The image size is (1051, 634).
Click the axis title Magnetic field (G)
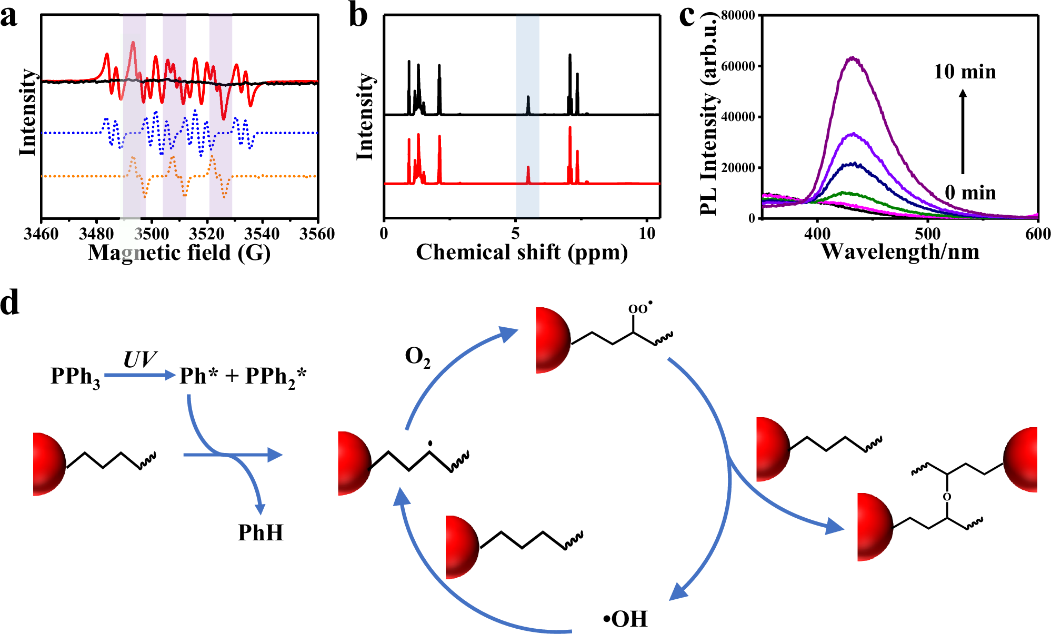(179, 253)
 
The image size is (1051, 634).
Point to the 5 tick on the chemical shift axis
(515, 234)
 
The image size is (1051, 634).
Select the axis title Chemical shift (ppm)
(522, 253)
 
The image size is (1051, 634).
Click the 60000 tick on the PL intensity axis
(738, 66)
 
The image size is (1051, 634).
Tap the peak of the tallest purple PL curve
(852, 57)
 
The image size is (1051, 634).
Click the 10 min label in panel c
(964, 72)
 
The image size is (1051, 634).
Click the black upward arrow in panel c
(963, 132)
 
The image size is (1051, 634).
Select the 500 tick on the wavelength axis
(927, 234)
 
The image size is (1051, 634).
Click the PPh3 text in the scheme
(75, 377)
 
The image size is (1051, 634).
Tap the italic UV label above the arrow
(139, 360)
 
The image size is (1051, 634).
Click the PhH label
(261, 533)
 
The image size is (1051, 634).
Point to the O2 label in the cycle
(417, 357)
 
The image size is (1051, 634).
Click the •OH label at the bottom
(625, 619)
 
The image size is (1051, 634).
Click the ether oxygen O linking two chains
(947, 497)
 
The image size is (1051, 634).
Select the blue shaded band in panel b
(527, 116)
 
